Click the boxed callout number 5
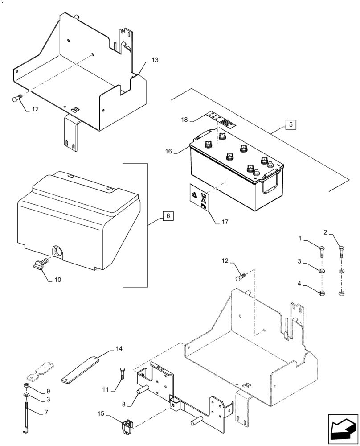(290, 124)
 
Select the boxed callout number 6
(168, 216)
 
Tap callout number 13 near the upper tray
(155, 60)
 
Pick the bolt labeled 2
(341, 251)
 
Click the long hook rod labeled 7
(28, 417)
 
